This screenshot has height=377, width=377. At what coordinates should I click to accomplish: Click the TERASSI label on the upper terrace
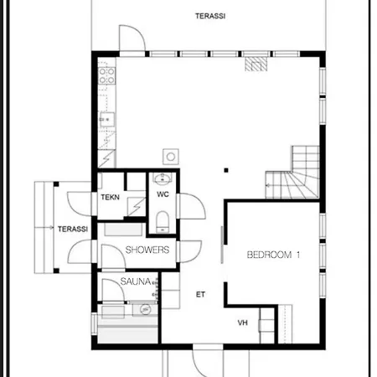coord(210,16)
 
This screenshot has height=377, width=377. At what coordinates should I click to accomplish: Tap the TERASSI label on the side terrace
coord(73,229)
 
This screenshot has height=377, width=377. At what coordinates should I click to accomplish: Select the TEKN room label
coord(110,197)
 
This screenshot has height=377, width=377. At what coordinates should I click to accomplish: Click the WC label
coord(163,194)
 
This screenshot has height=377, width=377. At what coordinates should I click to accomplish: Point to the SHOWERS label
coord(147,250)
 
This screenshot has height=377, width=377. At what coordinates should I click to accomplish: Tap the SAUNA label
coord(136,281)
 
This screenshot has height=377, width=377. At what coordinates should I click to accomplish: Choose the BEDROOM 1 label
coord(273,255)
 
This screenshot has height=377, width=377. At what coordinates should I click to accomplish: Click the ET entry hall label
coord(200,294)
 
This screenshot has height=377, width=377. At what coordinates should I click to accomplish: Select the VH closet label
coord(242,323)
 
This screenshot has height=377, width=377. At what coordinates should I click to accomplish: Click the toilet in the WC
coord(163,222)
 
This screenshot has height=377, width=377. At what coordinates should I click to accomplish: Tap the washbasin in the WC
coord(163,179)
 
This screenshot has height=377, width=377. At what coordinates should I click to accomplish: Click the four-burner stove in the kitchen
coord(106,75)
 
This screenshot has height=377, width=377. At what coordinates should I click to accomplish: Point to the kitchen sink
coord(107,120)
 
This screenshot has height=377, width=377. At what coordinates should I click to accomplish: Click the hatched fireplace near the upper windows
coord(256,65)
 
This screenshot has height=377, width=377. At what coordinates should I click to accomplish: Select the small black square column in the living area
coord(226,170)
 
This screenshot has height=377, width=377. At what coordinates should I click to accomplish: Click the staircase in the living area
coord(292,173)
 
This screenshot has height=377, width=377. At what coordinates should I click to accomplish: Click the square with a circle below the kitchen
coord(171,157)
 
